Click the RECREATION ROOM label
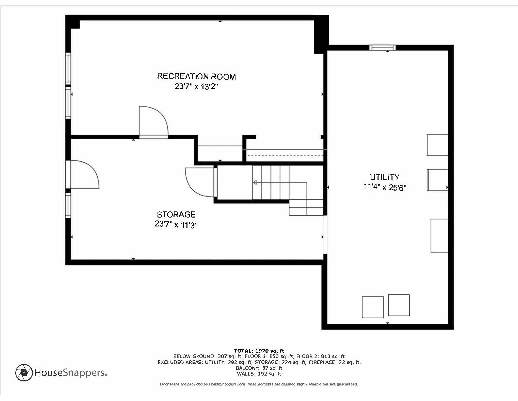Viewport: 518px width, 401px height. coord(196,76)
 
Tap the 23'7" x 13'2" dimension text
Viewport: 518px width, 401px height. coord(196,87)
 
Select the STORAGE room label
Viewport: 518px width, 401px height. coord(176,214)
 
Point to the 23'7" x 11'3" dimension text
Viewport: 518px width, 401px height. coord(176,224)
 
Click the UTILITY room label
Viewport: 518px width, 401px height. coord(385,177)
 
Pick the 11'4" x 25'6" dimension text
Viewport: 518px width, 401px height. coord(385,187)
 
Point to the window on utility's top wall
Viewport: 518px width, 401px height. coord(382,48)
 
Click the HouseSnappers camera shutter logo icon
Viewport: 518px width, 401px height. coord(24,373)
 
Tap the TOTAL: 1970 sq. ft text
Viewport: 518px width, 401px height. coord(259,351)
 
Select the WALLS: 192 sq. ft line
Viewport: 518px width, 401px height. coord(259,374)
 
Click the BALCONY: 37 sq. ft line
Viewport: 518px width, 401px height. coord(259,368)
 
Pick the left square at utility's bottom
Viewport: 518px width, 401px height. coord(373,307)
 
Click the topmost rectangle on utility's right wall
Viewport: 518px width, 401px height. coord(437,145)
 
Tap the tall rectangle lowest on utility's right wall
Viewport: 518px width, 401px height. coord(439,236)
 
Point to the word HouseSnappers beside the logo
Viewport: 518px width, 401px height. coord(70,373)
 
